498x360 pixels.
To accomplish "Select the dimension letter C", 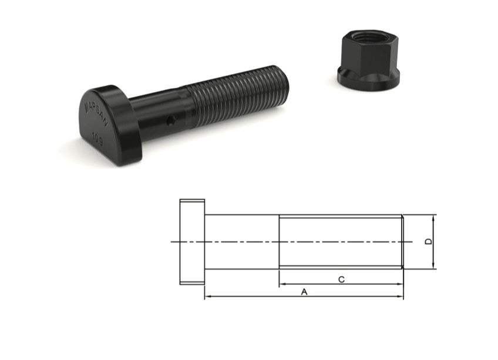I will (x=341, y=279).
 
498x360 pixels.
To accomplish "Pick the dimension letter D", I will (x=429, y=241).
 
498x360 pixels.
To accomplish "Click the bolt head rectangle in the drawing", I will (x=192, y=241).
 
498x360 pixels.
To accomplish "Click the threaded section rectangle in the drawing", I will (x=340, y=241).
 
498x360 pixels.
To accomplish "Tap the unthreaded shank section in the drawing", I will (x=241, y=241).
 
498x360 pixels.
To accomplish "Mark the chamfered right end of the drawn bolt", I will (x=403, y=241).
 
